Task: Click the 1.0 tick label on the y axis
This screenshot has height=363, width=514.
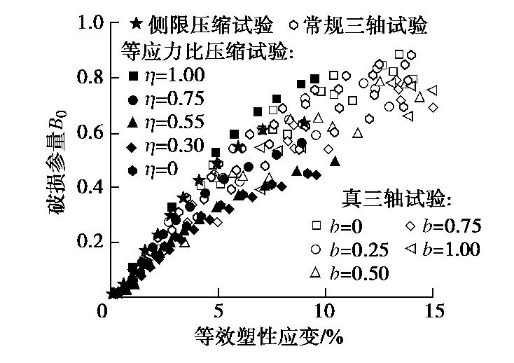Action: [90, 23]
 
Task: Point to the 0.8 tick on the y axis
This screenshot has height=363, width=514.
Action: [90, 78]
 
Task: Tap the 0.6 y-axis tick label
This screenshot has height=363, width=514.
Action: [90, 132]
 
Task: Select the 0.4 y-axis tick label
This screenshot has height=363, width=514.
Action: [90, 187]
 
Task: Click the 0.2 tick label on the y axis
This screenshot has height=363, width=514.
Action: [90, 242]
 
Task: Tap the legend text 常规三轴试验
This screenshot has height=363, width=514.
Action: [366, 25]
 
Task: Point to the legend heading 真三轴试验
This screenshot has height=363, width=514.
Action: [394, 199]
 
